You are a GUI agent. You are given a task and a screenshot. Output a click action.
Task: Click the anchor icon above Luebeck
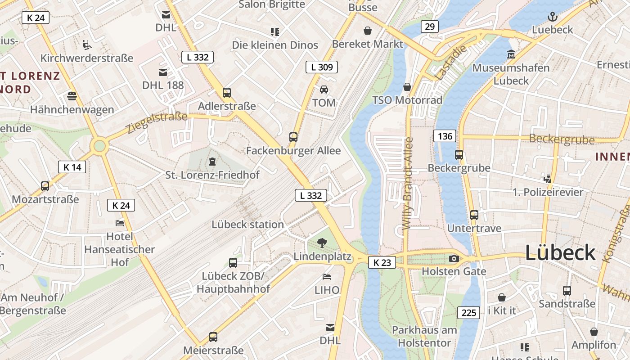(552, 17)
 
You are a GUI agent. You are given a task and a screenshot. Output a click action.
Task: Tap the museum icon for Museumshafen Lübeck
(511, 55)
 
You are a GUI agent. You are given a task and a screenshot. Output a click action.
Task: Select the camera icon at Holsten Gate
(454, 258)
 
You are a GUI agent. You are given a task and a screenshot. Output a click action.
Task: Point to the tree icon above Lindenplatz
(322, 243)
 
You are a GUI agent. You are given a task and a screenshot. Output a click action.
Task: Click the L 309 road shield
(321, 67)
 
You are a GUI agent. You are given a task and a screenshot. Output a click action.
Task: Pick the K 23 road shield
(382, 262)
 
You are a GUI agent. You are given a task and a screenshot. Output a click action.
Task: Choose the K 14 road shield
(72, 167)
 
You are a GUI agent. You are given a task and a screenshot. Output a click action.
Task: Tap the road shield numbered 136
(445, 136)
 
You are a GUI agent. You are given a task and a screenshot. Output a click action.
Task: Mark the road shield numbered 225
(468, 313)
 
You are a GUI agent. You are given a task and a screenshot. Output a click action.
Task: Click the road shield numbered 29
(430, 27)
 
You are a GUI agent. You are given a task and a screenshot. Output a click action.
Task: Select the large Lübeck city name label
(560, 253)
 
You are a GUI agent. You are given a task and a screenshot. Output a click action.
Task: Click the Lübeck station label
(247, 225)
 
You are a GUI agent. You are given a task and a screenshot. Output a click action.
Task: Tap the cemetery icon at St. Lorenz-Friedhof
(212, 161)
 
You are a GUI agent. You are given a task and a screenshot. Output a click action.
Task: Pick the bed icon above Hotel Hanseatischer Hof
(119, 223)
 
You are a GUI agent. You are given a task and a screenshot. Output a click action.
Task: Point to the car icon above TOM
(324, 89)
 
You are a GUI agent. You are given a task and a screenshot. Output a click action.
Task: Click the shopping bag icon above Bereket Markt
(368, 31)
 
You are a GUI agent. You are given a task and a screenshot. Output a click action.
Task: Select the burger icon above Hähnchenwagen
(72, 96)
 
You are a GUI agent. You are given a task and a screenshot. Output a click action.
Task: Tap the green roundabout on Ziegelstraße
(99, 146)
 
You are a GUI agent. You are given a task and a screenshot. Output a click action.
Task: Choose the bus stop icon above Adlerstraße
(227, 93)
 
